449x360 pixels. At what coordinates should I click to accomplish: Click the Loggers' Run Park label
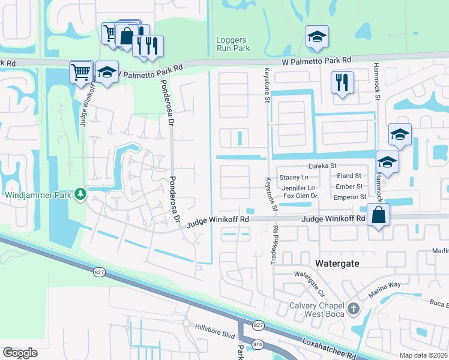click(x=232, y=44)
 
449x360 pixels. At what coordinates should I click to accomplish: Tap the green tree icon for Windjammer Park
click(x=79, y=194)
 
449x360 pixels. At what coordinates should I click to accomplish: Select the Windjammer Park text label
click(x=37, y=195)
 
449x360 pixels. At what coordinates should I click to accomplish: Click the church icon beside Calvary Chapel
click(x=354, y=309)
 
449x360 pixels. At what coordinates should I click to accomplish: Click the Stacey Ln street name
click(x=294, y=177)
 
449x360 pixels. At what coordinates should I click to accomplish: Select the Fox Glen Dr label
click(x=300, y=196)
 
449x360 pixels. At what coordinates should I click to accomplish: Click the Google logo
click(x=20, y=352)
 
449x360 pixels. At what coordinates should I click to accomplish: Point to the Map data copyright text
click(x=424, y=355)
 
